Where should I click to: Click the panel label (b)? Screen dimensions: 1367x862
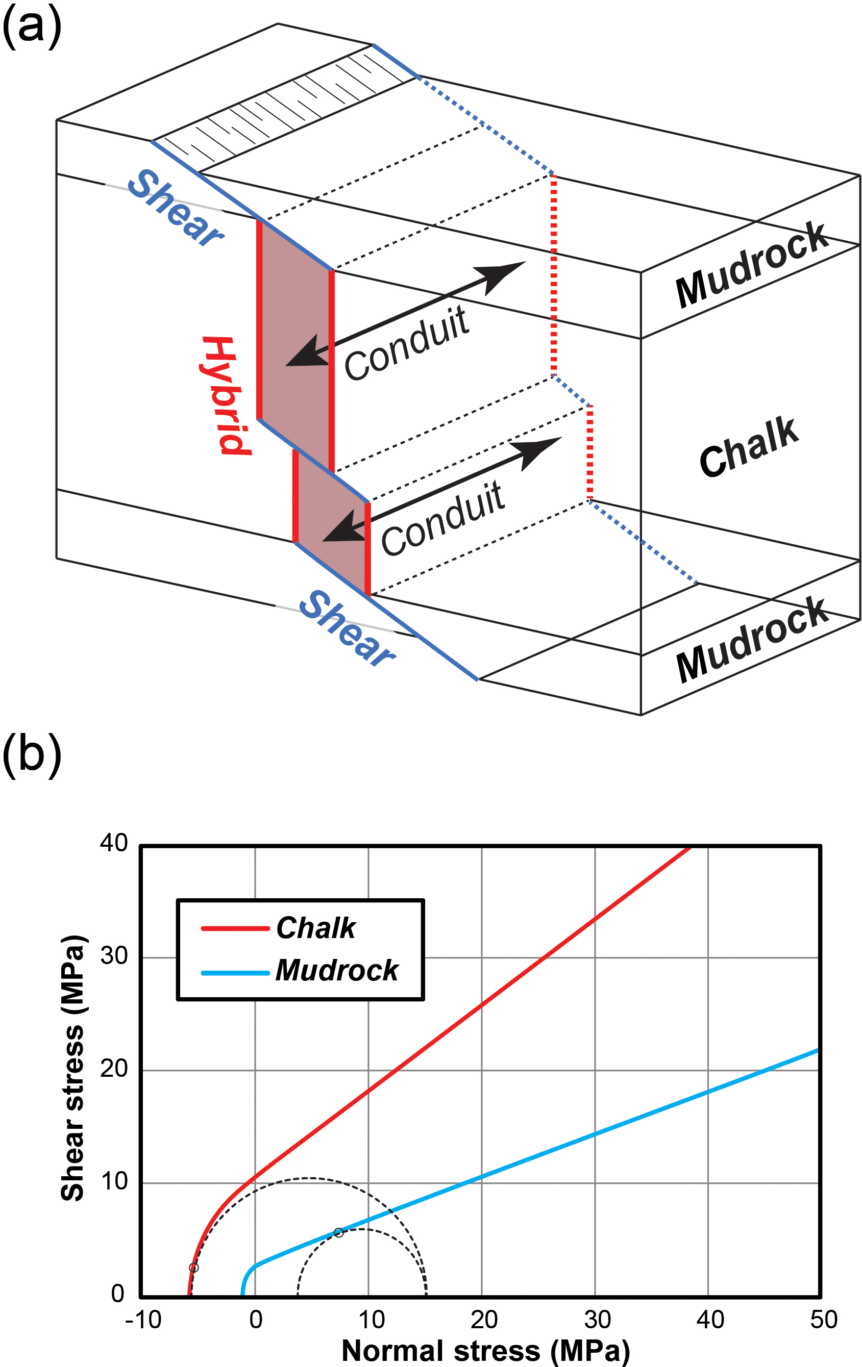coord(32,755)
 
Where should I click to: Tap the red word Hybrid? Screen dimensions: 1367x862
coord(226,395)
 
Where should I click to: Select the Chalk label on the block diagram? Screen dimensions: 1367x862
coord(748,447)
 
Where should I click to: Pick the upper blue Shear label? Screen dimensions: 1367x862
coord(176,208)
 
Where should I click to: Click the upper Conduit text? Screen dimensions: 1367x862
coord(407,343)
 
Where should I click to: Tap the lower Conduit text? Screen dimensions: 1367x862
coord(442,518)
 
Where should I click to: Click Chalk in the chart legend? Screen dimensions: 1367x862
coord(316,928)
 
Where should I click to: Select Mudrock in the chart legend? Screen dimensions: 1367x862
coord(337,970)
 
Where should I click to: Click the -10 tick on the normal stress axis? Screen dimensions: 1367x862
coord(143,1320)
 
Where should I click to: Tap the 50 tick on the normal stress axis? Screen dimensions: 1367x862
coord(823,1320)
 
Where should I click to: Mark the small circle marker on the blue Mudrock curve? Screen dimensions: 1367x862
coord(338,1232)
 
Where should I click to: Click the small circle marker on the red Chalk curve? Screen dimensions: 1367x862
coord(193,1268)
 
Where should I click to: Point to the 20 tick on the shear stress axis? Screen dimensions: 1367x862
coord(114,1069)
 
